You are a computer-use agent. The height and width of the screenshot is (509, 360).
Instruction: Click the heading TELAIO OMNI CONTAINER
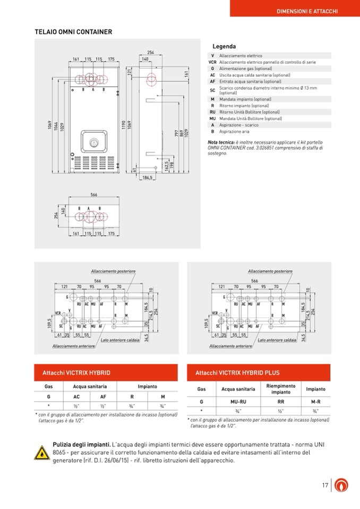73,32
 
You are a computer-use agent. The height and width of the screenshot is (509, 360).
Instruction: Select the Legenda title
224,47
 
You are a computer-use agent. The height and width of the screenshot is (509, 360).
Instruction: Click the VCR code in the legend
212,62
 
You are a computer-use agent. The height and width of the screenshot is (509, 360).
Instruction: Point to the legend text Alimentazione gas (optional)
245,68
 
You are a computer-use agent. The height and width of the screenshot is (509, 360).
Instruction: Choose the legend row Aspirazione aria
234,131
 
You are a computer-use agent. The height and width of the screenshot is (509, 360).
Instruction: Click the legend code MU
212,118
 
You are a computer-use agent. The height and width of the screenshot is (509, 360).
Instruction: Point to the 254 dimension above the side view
151,53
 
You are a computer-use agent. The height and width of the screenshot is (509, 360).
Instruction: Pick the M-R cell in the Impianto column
315,402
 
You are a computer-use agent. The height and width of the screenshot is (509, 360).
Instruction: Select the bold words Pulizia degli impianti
81,444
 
